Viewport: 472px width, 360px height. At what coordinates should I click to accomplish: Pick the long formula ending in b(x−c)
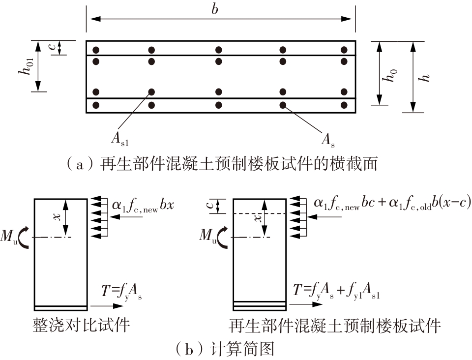391,204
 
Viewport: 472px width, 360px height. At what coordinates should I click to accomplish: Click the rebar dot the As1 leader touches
151,92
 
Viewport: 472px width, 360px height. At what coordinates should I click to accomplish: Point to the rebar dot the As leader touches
283,105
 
